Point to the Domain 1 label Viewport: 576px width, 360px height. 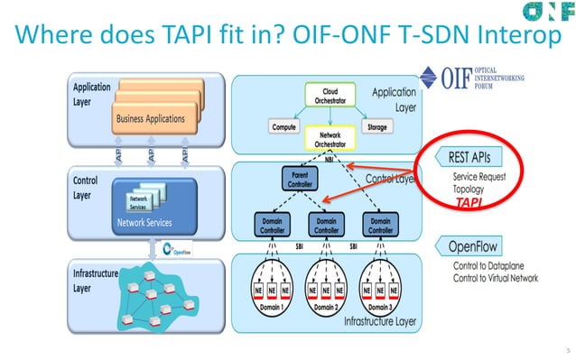[x=272, y=306]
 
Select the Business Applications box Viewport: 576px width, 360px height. [x=150, y=117]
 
